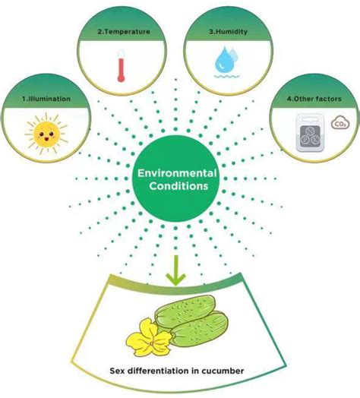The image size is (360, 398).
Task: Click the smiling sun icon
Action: [43, 134]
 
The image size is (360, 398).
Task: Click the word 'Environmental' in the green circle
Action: [177, 173]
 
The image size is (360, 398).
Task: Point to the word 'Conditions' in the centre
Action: [176, 188]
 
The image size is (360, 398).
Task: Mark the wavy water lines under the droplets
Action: [227, 77]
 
